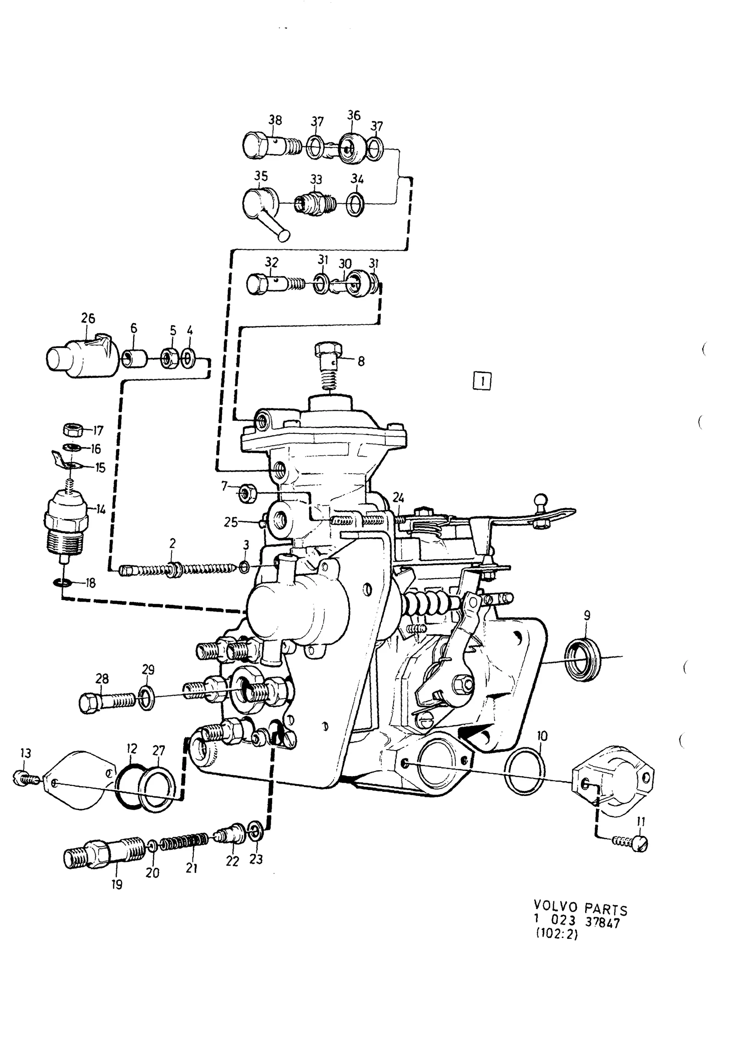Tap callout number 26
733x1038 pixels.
pyautogui.click(x=88, y=318)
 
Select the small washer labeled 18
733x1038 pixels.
pyautogui.click(x=62, y=583)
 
